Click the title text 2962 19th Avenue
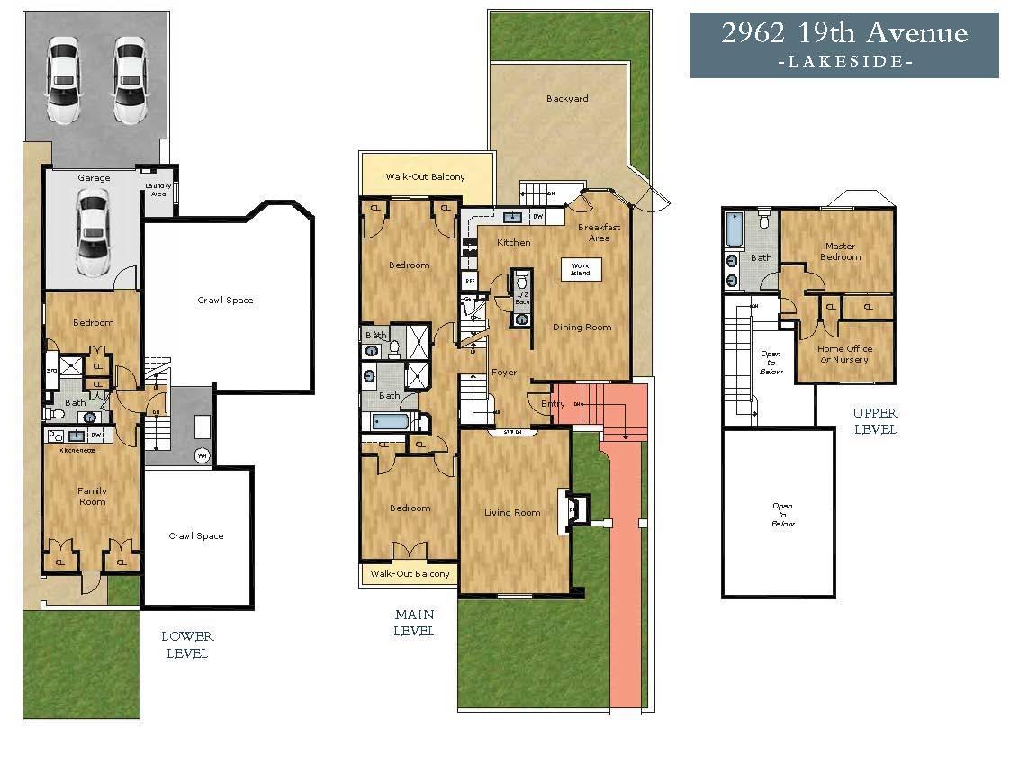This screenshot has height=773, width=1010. click(x=843, y=34)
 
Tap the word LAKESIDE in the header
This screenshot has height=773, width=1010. click(x=844, y=62)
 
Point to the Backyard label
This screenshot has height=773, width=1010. click(x=567, y=98)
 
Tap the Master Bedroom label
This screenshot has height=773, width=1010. click(x=839, y=251)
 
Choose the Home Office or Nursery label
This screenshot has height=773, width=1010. click(x=843, y=354)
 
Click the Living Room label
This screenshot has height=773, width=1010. click(x=512, y=513)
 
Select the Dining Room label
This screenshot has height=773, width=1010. click(x=582, y=328)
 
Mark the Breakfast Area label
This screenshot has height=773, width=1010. click(x=599, y=232)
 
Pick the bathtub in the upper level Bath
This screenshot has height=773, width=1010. click(x=735, y=229)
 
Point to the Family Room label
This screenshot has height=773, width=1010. click(x=92, y=497)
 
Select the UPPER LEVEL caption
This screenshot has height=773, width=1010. click(x=874, y=421)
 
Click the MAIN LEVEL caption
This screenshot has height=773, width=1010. click(x=414, y=623)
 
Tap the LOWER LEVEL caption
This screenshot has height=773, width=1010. click(x=187, y=644)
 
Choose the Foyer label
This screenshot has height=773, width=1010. click(x=504, y=372)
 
